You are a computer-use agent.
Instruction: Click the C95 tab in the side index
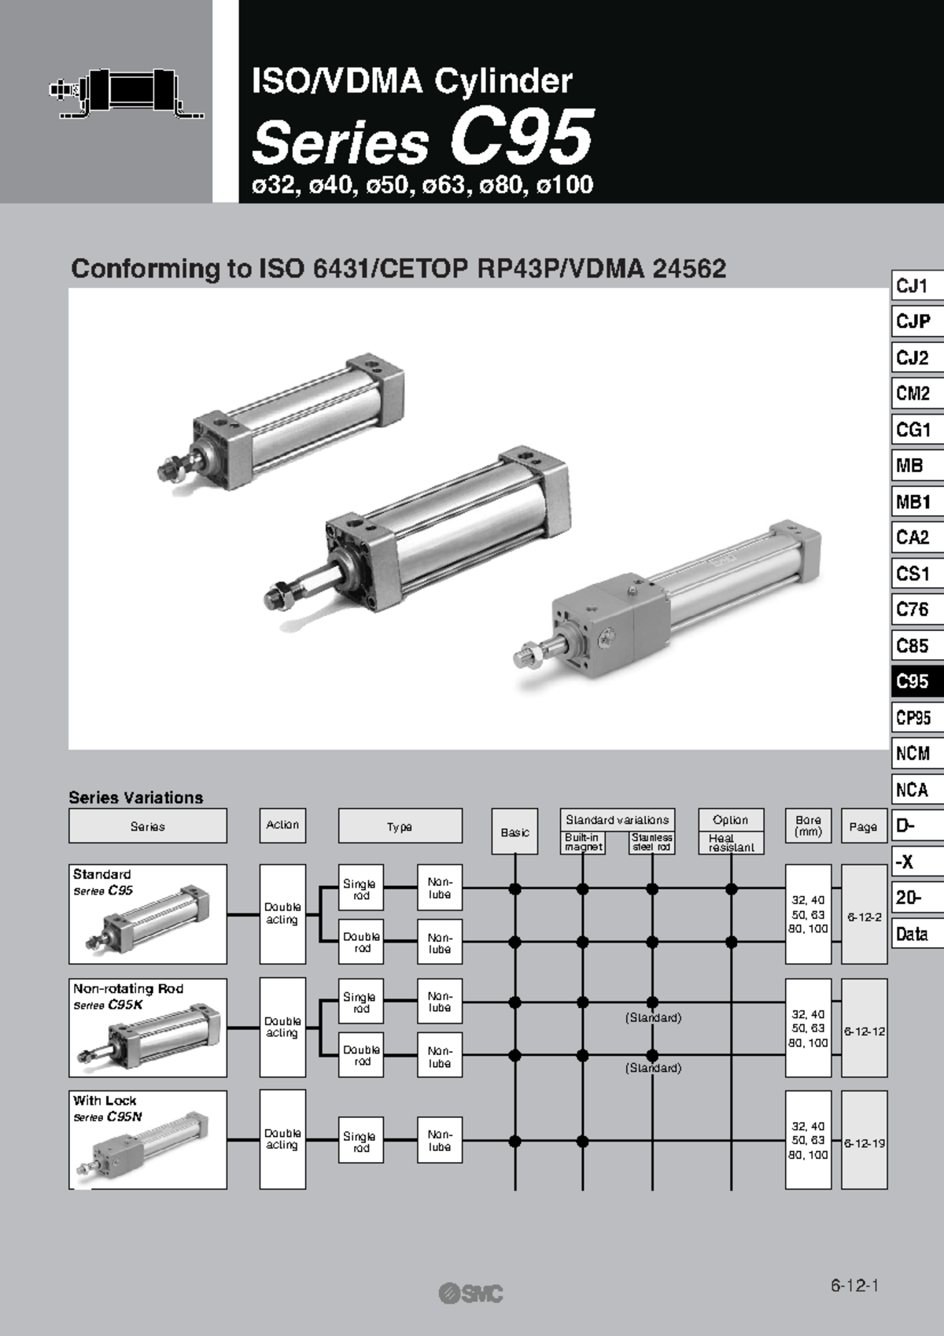(916, 681)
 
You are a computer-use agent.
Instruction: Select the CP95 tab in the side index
(916, 718)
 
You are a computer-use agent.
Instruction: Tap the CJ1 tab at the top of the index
(916, 286)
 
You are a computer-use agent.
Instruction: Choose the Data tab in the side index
(916, 934)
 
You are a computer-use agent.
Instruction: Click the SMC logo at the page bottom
(470, 1293)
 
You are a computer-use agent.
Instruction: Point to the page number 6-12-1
(854, 1286)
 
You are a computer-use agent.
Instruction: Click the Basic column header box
(515, 832)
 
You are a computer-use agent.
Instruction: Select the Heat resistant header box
(731, 843)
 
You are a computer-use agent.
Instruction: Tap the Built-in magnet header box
(583, 843)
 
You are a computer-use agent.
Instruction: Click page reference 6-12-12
(865, 1031)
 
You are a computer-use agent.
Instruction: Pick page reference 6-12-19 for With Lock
(865, 1142)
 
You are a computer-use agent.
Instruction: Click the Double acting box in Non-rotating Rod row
(282, 1027)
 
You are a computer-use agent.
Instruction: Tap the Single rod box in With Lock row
(360, 1141)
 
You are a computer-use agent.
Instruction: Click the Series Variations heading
(136, 797)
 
